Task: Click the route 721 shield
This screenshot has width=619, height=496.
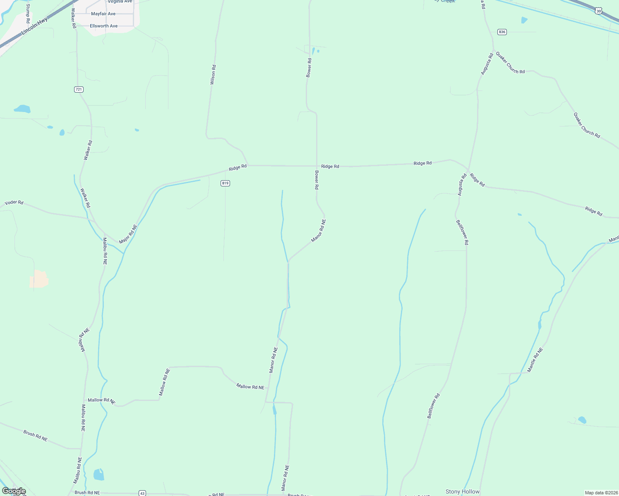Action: pos(79,89)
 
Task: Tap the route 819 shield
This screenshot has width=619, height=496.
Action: pos(225,183)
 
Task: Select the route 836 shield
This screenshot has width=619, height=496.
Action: pos(502,32)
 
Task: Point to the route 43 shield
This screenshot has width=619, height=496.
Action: pos(142,493)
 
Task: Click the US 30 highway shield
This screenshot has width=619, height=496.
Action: pos(599,11)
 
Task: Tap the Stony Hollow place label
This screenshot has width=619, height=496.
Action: pos(462,491)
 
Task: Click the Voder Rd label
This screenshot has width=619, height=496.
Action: pos(14,203)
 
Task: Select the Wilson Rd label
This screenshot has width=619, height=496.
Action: pos(213,75)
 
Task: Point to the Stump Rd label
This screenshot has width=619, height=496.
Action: pos(28,13)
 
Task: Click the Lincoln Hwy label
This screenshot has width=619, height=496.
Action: pos(35,26)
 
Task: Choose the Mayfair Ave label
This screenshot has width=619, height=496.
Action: pos(103,14)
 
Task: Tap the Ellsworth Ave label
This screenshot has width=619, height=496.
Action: pos(104,26)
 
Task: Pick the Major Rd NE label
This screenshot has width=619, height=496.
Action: pos(127,234)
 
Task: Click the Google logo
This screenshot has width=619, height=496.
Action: pos(14,491)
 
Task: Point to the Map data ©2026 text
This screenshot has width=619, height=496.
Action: pos(601,493)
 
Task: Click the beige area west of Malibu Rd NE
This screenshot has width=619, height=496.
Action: pos(39,279)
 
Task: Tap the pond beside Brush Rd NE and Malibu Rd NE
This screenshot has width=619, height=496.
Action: pos(98,475)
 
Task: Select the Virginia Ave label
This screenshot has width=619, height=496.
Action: pos(120,2)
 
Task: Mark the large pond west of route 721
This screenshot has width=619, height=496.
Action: pos(22,109)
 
